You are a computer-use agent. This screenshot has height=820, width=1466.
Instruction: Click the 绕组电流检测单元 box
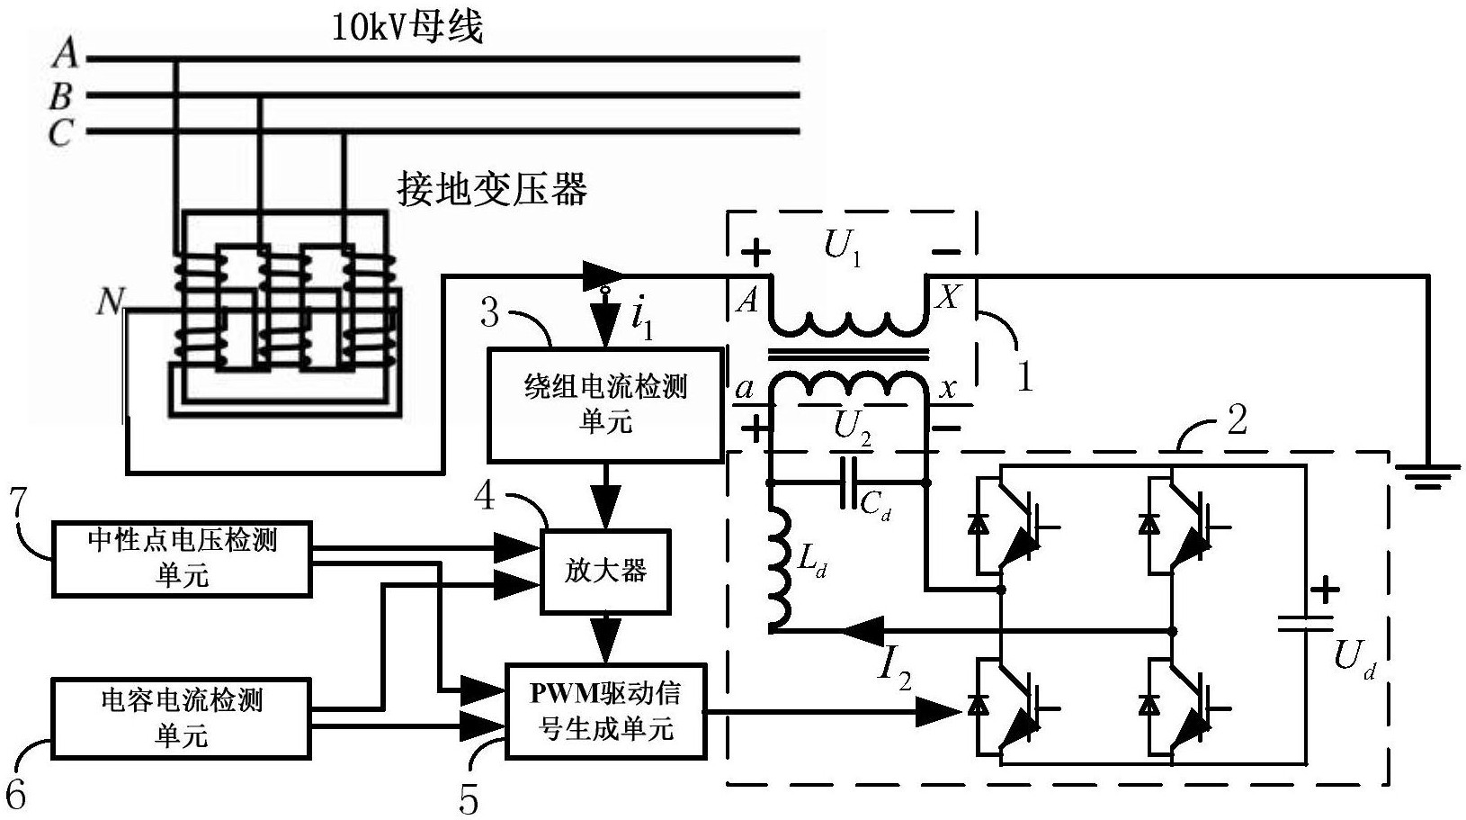[x=604, y=404]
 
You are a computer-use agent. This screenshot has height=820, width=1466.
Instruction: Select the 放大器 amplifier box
[x=605, y=571]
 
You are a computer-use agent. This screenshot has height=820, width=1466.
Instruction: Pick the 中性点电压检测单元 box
[x=182, y=558]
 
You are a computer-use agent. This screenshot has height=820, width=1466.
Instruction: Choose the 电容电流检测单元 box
[x=182, y=717]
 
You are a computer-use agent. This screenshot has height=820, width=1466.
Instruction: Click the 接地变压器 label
[x=492, y=190]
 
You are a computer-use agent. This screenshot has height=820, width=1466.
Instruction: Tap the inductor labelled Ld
[x=779, y=567]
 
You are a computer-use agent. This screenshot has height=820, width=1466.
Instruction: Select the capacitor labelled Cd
[x=848, y=484]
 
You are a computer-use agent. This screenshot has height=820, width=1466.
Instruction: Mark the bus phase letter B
[x=60, y=95]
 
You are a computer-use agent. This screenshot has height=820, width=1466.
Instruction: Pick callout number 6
[x=16, y=793]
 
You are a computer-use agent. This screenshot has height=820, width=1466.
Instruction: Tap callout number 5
[x=469, y=798]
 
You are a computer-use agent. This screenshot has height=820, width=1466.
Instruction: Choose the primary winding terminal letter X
[x=947, y=297]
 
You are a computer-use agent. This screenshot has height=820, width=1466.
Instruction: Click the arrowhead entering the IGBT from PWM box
[x=941, y=712]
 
